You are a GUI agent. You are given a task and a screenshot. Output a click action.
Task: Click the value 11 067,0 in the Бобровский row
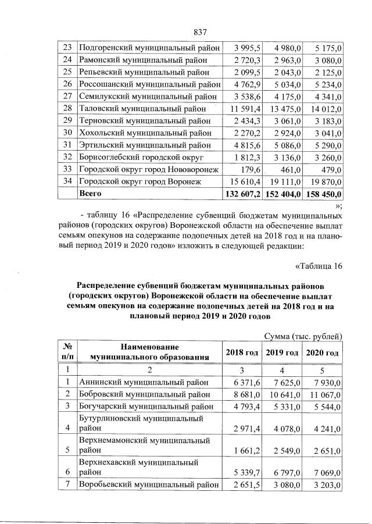324,394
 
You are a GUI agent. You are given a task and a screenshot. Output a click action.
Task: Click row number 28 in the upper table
67,108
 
